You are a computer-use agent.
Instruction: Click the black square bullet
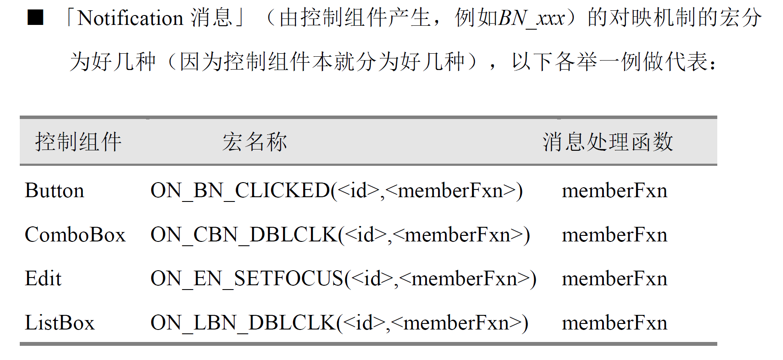click(35, 18)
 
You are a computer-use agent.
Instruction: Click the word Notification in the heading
click(131, 18)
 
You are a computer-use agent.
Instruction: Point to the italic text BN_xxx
click(532, 18)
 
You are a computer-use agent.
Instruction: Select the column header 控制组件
click(78, 142)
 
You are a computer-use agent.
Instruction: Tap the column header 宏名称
click(254, 142)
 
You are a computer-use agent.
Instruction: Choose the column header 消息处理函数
click(608, 142)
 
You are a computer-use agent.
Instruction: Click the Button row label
click(55, 190)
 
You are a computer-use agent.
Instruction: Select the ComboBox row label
click(75, 235)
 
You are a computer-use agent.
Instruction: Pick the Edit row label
click(43, 278)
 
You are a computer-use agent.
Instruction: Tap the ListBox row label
click(60, 323)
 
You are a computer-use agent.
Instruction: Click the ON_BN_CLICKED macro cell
click(336, 190)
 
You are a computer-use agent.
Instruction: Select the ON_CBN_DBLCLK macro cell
click(340, 235)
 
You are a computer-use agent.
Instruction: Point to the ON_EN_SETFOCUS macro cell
click(343, 278)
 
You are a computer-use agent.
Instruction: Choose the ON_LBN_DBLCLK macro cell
click(339, 323)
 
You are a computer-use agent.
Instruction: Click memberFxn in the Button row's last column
click(614, 190)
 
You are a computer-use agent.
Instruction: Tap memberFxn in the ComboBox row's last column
click(614, 235)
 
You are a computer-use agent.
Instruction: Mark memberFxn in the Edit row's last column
click(614, 278)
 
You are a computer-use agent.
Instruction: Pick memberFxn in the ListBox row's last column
click(614, 323)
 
